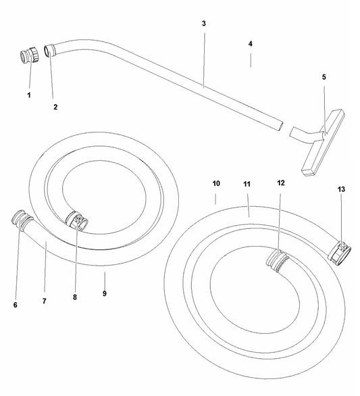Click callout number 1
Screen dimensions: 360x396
coord(29,95)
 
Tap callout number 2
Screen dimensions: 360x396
coord(55,107)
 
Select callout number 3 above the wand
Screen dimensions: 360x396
coord(204,24)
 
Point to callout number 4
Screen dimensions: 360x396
coord(250,44)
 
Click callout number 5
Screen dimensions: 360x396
coord(324,77)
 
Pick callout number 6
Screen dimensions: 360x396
coord(16,305)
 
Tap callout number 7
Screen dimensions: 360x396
coord(45,301)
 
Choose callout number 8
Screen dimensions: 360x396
coord(75,297)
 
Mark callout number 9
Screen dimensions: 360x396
coord(105,293)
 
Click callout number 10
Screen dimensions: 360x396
coord(216,183)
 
